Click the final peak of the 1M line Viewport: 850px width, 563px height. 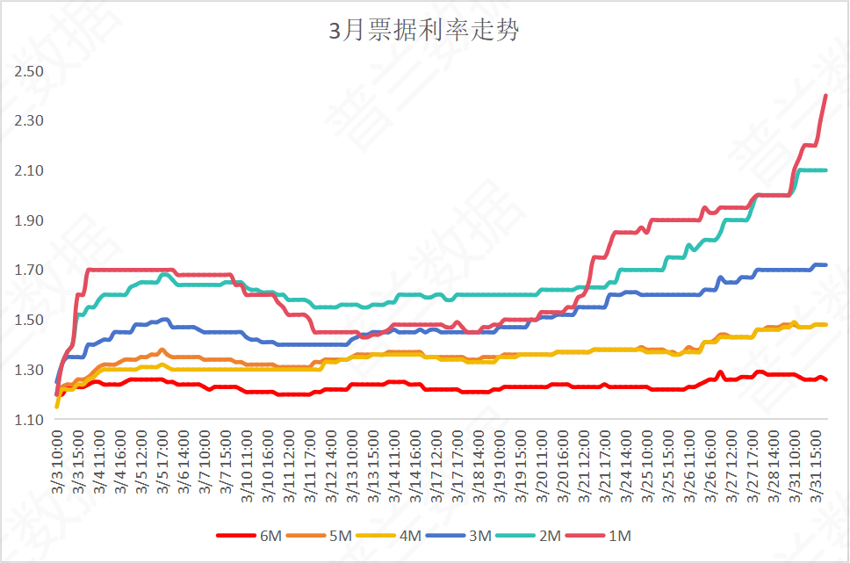pos(825,96)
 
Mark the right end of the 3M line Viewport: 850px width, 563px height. pos(825,264)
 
